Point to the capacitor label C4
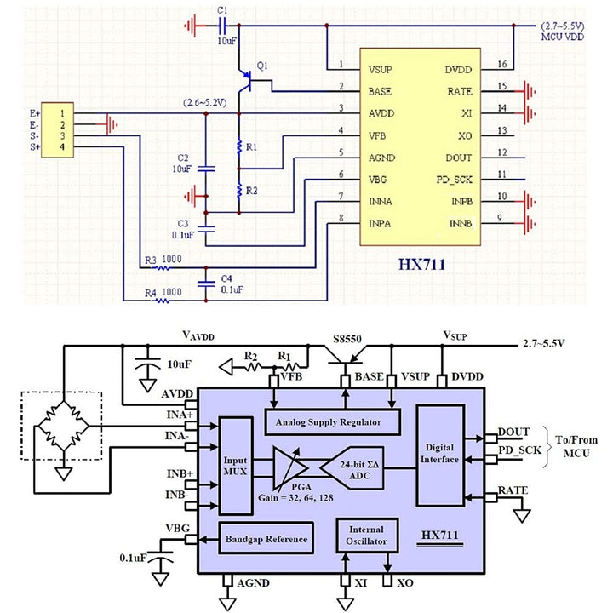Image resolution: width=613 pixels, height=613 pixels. pos(226,278)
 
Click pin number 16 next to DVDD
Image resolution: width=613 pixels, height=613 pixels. pos(502,65)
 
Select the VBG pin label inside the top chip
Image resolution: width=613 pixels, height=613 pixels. pos(378,179)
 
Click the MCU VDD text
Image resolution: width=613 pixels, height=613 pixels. pos(564,37)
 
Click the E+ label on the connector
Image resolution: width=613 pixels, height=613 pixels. pos(35,112)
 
